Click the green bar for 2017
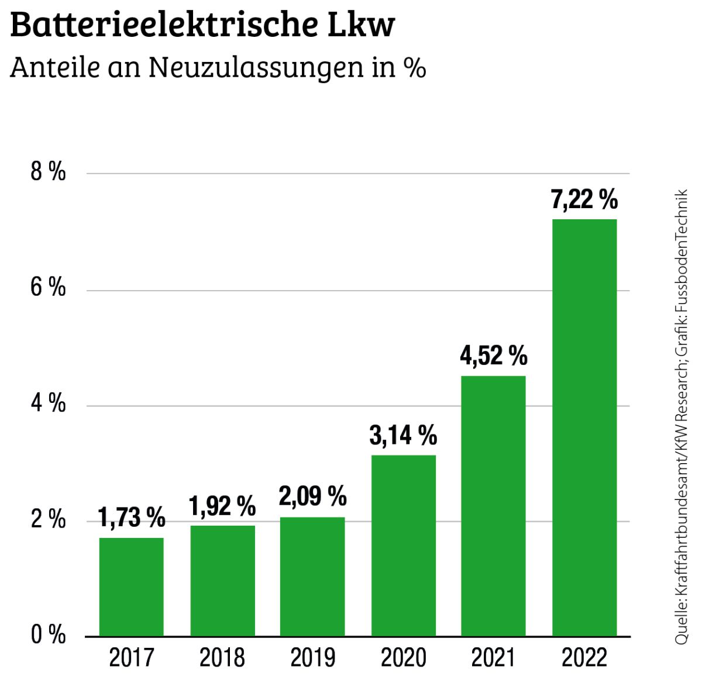131,587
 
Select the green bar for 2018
222,581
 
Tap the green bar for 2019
312,576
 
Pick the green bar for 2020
403,545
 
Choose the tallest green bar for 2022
584,427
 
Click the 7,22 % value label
584,200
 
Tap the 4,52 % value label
493,356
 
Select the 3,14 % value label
403,436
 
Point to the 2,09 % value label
312,496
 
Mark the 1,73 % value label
132,518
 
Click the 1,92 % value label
222,506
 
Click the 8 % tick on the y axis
48,173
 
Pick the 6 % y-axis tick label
48,288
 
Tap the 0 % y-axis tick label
48,635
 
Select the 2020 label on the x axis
403,658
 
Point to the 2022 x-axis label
584,658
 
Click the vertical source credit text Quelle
682,626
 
